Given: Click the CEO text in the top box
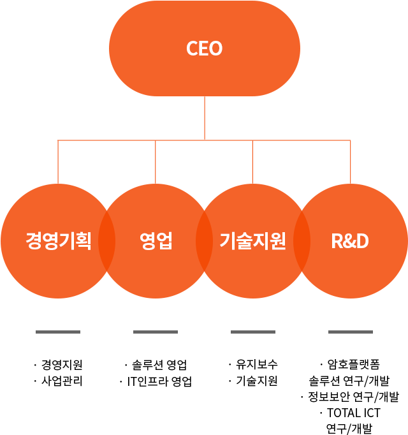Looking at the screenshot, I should [x=204, y=48].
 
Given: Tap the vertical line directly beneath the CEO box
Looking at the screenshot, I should [x=204, y=118].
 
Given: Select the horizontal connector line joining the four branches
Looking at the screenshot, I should [x=204, y=140].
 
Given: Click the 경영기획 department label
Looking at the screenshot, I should [x=59, y=241].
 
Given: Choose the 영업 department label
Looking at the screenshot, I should [x=156, y=241].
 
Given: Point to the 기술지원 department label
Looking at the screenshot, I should [x=252, y=241].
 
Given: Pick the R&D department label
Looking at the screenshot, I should [x=350, y=241].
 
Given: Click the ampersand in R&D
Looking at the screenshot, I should [x=350, y=241].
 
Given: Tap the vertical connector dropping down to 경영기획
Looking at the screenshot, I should [x=58, y=162].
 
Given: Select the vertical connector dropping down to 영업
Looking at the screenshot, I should [x=156, y=162].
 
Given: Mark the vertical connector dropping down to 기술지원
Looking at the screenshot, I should [x=253, y=162].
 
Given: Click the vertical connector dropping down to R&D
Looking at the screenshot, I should [x=351, y=162].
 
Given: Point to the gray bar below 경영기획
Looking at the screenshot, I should [x=57, y=332].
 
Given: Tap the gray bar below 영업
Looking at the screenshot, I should [x=155, y=332].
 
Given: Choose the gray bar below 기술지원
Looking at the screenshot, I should [x=252, y=332].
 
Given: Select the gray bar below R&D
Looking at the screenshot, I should [x=350, y=332].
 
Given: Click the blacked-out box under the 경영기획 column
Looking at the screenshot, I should [x=61, y=372].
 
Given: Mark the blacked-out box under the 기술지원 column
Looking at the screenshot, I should [x=255, y=372].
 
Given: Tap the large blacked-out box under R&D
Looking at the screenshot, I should [x=352, y=397].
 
